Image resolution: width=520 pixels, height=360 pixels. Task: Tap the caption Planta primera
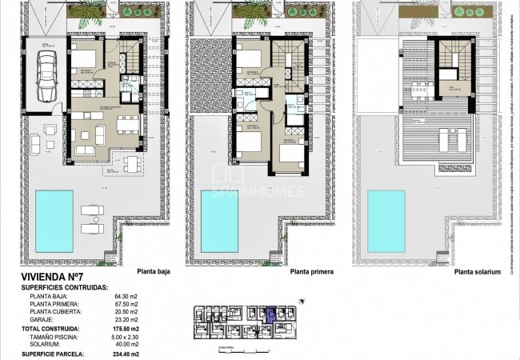[x=311, y=271]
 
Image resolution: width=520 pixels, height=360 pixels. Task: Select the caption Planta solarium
[x=478, y=271]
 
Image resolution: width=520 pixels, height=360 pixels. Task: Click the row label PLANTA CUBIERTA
[x=54, y=311]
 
